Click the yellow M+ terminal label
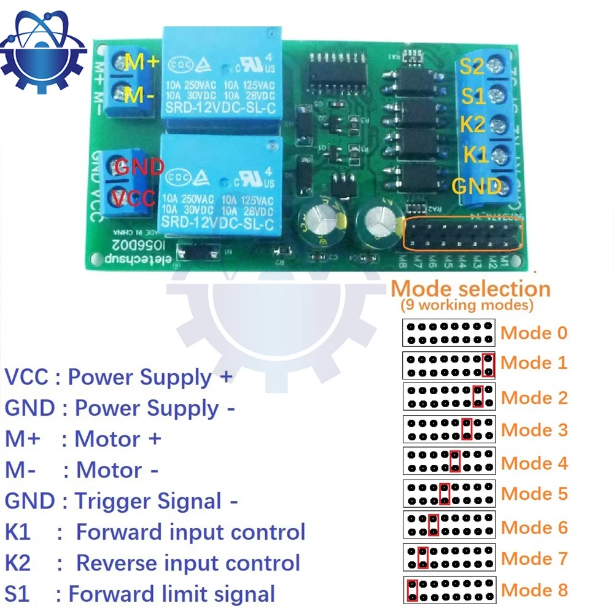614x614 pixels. (142, 61)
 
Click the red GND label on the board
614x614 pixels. (140, 166)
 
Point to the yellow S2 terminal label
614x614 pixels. (473, 66)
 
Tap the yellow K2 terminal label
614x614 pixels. (472, 125)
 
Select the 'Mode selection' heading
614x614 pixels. (471, 289)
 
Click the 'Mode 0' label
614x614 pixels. (534, 333)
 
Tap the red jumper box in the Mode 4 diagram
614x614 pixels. (455, 460)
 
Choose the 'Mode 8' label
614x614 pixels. (534, 590)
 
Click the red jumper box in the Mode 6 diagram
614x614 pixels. (433, 525)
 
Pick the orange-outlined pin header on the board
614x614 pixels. (462, 234)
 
